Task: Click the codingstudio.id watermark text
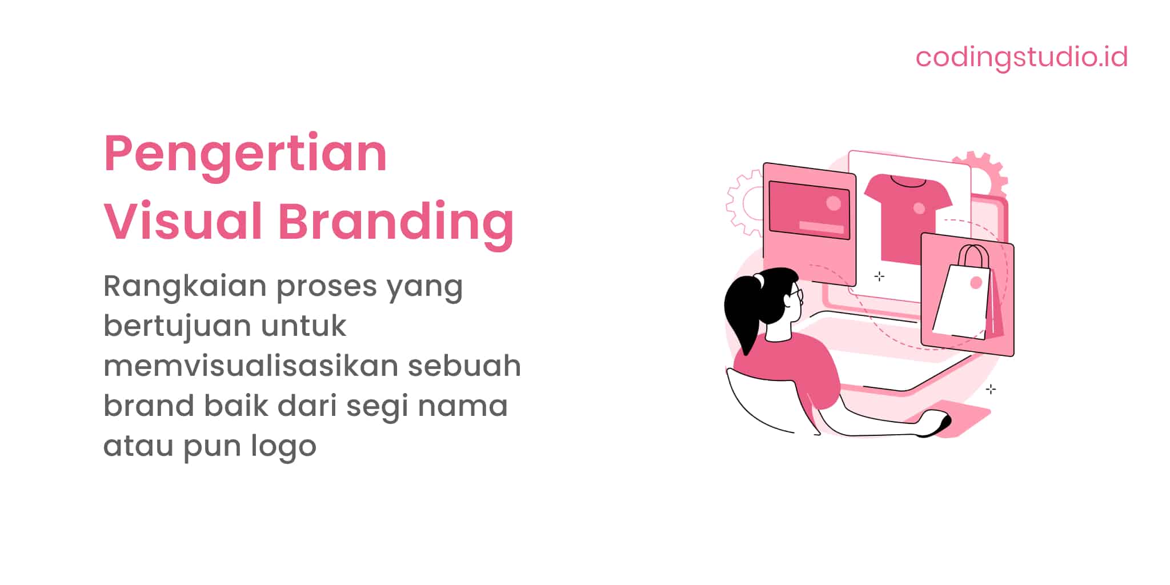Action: (1021, 57)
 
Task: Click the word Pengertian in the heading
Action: (246, 154)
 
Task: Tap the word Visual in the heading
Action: (183, 222)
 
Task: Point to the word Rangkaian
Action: (185, 286)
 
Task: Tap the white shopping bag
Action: (962, 303)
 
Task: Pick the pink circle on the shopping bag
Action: (976, 282)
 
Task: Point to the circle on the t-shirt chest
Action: (919, 209)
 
